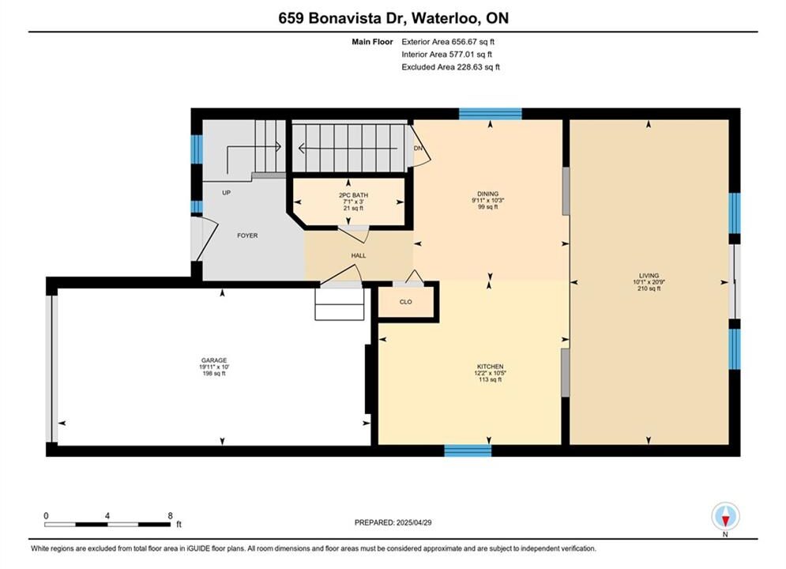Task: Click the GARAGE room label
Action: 214,360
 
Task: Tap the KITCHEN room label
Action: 490,367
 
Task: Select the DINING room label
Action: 487,194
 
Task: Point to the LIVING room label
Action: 649,275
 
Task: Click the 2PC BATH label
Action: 353,195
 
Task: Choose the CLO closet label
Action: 405,302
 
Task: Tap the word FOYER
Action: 247,236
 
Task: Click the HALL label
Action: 359,256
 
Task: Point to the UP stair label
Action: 226,193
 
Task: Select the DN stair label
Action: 418,149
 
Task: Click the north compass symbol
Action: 725,516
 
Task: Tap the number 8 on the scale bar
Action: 170,515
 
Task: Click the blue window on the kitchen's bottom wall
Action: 468,450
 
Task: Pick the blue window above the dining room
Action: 491,114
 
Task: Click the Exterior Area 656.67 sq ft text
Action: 448,42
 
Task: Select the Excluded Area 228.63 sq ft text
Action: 450,67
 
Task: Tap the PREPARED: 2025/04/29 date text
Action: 393,522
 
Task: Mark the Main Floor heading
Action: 372,42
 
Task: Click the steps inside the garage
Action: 340,304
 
